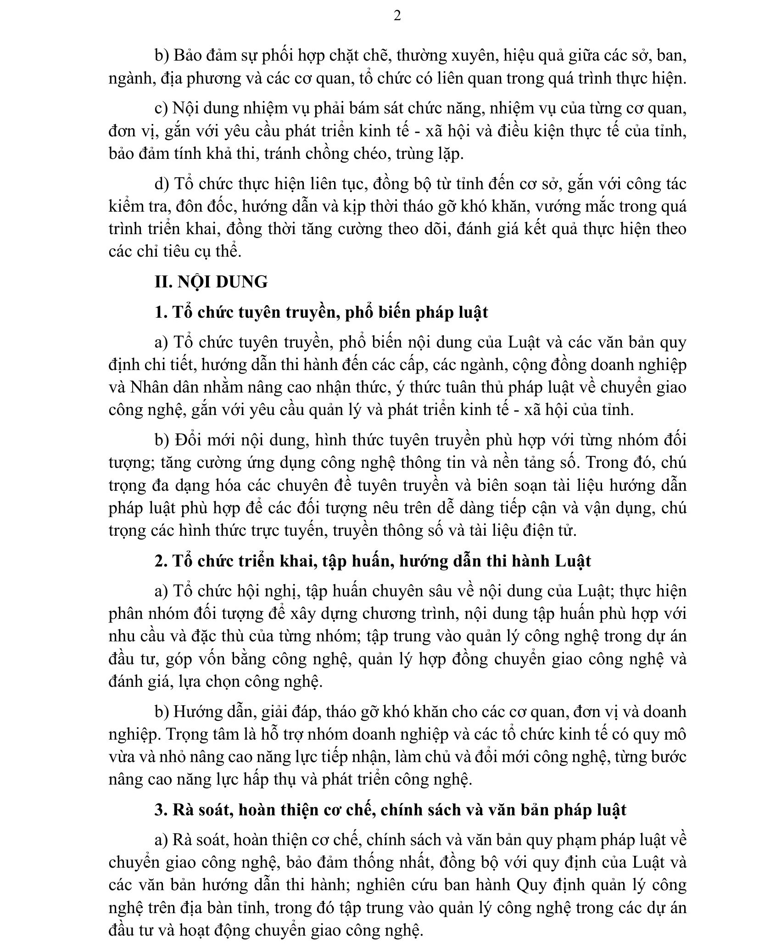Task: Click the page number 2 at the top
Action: click(397, 16)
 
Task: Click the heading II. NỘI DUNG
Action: click(211, 281)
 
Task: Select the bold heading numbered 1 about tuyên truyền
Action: click(321, 312)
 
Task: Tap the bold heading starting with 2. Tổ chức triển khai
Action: click(373, 561)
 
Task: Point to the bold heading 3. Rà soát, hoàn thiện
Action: click(390, 809)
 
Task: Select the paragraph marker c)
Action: click(161, 109)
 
